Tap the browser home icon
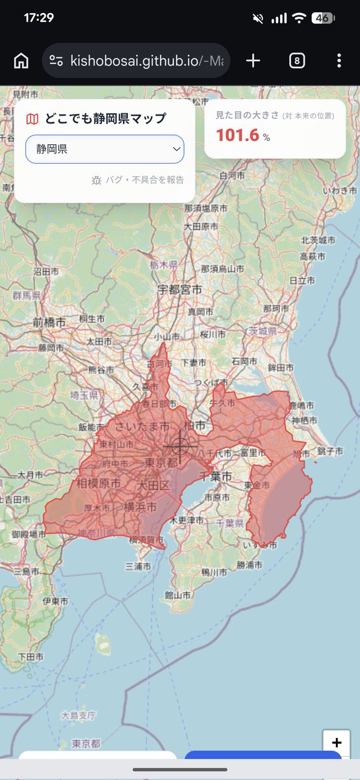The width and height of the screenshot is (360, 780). click(21, 61)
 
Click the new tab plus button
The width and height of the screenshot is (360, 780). click(253, 61)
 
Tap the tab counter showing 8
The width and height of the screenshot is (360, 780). click(296, 61)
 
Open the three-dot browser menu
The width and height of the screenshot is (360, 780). click(339, 61)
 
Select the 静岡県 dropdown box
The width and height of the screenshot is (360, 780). click(105, 149)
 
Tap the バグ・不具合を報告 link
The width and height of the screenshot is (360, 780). click(138, 180)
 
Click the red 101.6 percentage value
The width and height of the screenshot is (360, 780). click(237, 135)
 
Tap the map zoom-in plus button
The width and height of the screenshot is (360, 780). click(337, 743)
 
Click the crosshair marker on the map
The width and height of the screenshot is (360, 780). click(181, 447)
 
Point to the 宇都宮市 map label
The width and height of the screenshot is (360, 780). click(180, 289)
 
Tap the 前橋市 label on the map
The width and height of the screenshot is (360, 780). click(49, 322)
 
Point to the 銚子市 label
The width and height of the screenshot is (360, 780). click(330, 450)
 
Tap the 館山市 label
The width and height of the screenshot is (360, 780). click(178, 595)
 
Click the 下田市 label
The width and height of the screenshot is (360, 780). click(31, 656)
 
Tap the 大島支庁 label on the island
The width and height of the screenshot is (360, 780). click(79, 716)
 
